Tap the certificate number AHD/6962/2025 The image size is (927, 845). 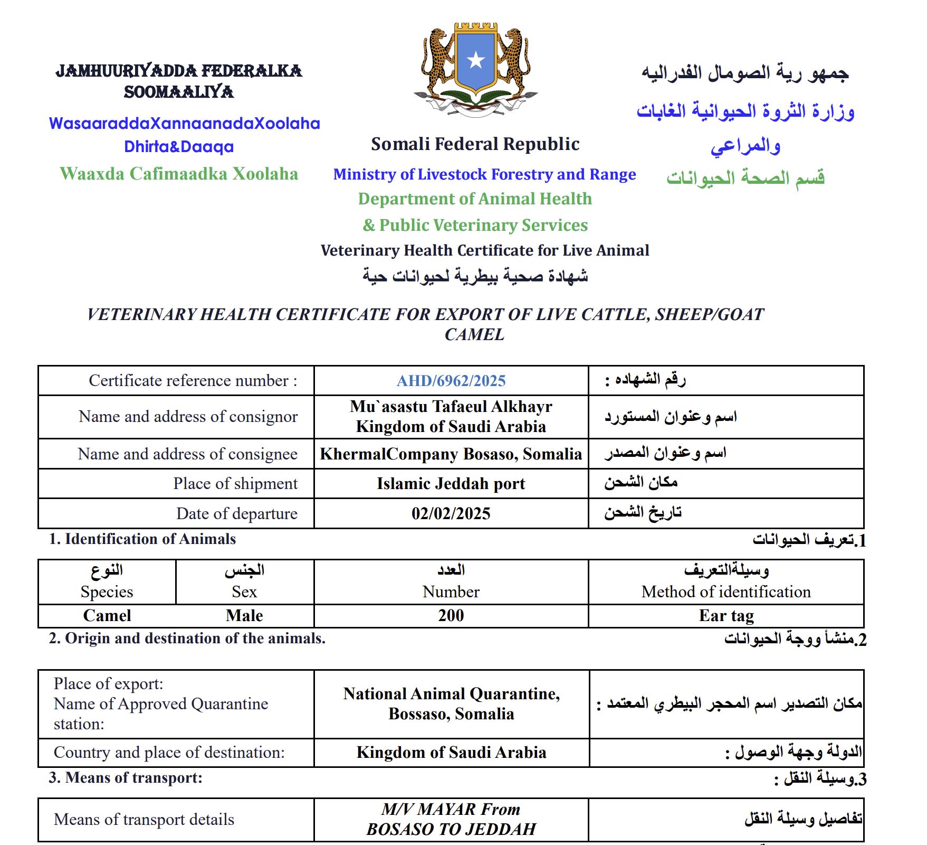(x=451, y=381)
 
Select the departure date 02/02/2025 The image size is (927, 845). (x=451, y=513)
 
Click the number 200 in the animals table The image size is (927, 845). (x=451, y=615)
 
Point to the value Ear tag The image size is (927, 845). (x=726, y=616)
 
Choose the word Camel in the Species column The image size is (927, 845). (x=107, y=616)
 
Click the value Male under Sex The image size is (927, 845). (x=244, y=616)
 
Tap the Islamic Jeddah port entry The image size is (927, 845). (x=451, y=484)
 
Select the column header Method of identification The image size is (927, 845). (x=726, y=592)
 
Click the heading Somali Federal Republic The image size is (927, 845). (x=475, y=144)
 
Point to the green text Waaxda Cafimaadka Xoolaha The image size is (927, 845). (x=179, y=174)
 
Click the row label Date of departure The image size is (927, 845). (x=237, y=513)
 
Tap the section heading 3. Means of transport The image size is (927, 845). (x=126, y=778)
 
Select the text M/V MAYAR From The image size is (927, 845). (x=451, y=809)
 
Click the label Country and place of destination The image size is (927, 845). (x=169, y=752)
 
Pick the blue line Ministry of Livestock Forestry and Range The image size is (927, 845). (x=484, y=174)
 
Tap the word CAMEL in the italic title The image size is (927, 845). (x=474, y=335)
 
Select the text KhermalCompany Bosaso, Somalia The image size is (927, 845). (x=451, y=454)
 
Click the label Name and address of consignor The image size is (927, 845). (x=188, y=417)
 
